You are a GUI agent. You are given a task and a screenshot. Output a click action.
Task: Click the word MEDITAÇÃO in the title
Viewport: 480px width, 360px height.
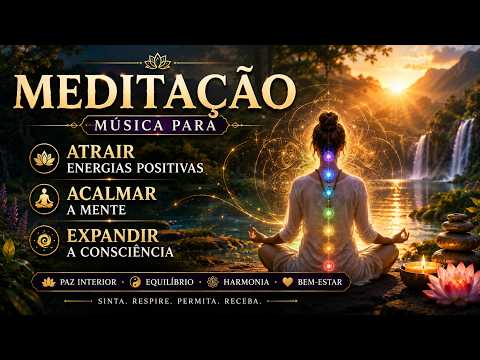coord(154,90)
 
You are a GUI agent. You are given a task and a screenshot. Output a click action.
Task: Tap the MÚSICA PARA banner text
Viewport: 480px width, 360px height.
coord(155,125)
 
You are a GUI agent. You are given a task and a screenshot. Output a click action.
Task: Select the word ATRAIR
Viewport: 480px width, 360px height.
coord(101,152)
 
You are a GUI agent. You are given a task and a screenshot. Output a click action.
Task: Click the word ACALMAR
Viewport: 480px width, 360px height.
coord(112,194)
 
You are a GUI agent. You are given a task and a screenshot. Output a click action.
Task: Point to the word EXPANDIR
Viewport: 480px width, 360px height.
coord(113,236)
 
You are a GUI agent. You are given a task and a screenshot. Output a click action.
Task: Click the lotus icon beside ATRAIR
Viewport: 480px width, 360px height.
coord(44,158)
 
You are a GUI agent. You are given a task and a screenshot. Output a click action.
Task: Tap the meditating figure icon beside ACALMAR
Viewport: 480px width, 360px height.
coord(44,199)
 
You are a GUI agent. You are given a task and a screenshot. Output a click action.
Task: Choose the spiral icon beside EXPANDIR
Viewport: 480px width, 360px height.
coord(44,241)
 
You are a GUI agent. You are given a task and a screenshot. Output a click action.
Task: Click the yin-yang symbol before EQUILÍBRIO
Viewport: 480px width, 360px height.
coord(136,282)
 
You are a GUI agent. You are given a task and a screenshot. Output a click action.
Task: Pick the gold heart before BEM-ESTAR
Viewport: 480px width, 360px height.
coord(288,282)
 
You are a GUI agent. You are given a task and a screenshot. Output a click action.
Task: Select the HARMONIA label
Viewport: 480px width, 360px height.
coord(246,282)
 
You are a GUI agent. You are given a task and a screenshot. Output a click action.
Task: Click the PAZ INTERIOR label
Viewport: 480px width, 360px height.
coord(88,282)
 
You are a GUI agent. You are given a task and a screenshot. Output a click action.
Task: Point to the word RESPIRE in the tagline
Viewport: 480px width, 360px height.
coord(151,301)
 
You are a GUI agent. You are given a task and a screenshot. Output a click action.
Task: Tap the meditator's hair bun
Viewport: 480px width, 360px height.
coord(329,119)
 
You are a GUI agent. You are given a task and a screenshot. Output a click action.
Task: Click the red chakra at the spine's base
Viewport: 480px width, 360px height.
coord(329,266)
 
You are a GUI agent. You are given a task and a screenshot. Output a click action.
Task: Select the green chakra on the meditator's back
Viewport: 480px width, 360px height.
coord(329,212)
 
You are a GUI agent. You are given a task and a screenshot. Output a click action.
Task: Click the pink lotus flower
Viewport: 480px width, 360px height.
coord(453,283)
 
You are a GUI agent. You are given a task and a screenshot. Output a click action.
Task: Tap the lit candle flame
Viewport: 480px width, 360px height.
coord(423,261)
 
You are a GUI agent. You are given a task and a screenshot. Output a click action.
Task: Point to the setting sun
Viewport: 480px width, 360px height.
coord(397,87)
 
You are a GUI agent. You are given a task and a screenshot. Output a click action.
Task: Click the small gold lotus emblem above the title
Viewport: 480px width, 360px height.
coord(158,62)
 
